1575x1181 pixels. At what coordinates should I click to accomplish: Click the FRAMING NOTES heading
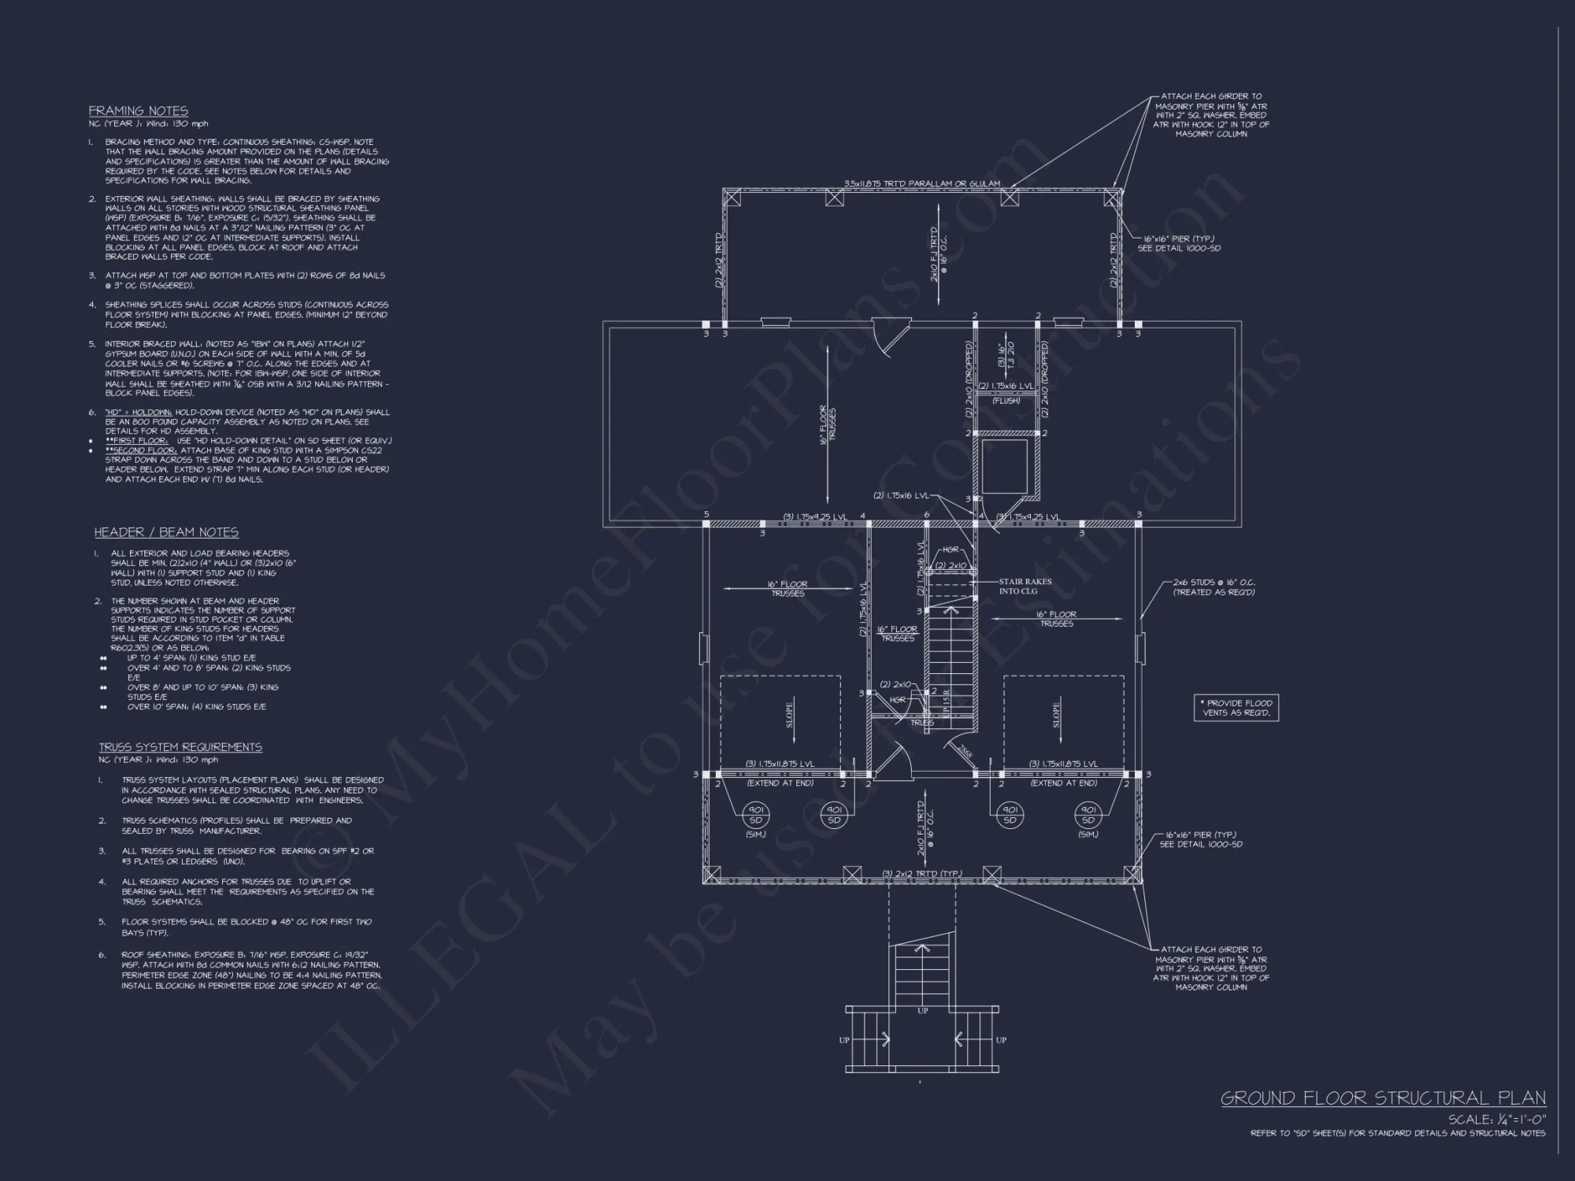click(138, 111)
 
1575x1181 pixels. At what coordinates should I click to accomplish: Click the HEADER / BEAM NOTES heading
click(166, 532)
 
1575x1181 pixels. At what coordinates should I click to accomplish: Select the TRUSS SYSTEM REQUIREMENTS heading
click(180, 746)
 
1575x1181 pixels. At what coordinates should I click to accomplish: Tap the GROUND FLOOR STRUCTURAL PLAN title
click(1383, 1098)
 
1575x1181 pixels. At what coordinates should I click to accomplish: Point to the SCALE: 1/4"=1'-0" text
click(1496, 1120)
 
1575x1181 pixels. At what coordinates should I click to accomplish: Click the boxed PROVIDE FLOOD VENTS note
click(1236, 708)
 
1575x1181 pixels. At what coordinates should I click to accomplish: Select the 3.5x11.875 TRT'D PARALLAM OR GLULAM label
click(921, 183)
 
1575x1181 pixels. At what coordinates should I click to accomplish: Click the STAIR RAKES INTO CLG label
click(1025, 587)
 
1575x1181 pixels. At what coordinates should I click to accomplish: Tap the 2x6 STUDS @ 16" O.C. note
click(1214, 587)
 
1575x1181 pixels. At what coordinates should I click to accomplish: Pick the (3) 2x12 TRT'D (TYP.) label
click(921, 874)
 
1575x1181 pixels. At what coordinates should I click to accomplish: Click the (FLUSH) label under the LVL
click(1006, 401)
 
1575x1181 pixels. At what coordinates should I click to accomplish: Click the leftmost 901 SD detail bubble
click(755, 814)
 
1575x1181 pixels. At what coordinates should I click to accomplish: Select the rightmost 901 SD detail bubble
click(1088, 814)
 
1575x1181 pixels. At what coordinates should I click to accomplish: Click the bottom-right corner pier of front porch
click(1132, 873)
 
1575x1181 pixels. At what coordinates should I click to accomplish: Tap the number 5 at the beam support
click(706, 515)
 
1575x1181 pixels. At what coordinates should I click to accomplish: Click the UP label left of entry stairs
click(844, 1040)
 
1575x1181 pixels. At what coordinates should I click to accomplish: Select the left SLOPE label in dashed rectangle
click(790, 714)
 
